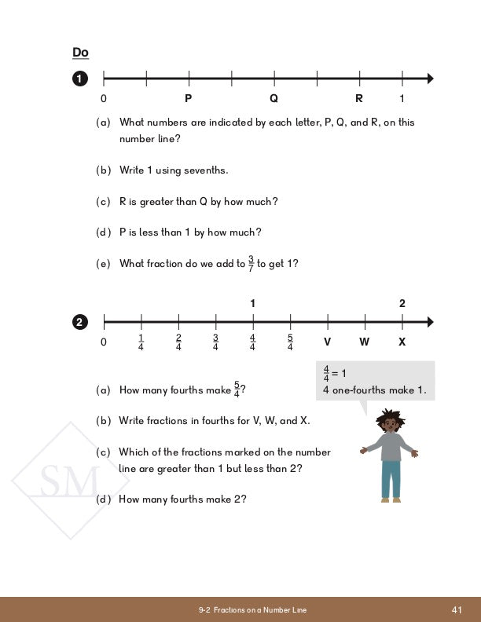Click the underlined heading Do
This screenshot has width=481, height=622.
80,53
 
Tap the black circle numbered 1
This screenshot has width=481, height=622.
79,79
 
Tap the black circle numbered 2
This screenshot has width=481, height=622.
79,321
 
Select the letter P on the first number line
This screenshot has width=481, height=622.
189,99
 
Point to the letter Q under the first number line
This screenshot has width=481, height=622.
274,99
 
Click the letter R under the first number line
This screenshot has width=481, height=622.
359,99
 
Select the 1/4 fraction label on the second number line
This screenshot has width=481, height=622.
141,342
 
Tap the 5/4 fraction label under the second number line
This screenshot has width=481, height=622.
290,342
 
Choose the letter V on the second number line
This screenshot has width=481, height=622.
327,342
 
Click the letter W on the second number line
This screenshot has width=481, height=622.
365,342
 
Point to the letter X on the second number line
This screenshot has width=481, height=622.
402,342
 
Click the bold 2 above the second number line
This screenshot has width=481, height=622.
402,303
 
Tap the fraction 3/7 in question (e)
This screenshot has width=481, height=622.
251,263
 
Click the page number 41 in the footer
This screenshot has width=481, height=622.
457,610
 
